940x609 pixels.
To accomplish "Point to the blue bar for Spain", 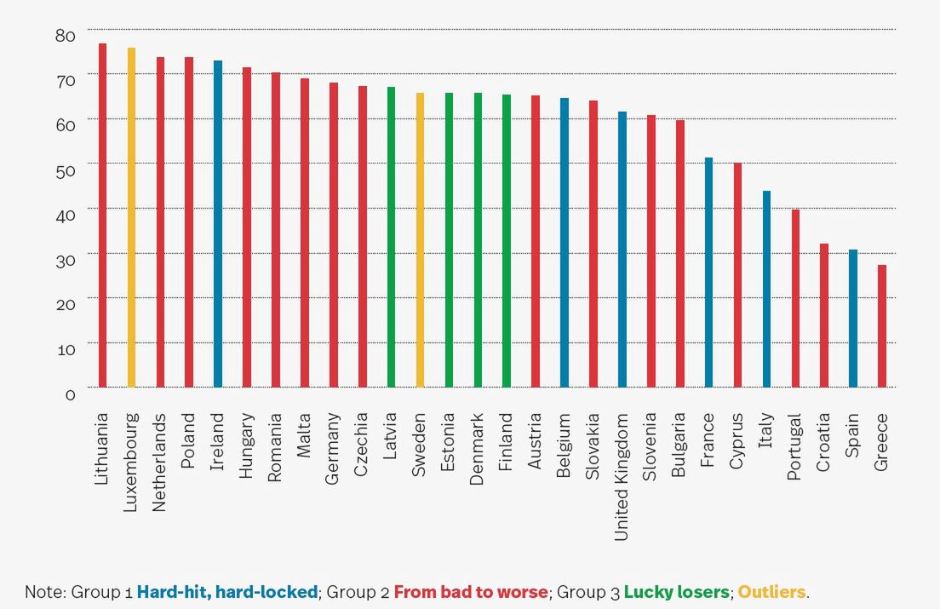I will point(853,319).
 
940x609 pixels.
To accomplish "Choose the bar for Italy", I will point(766,289).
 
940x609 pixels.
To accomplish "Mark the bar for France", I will point(708,273).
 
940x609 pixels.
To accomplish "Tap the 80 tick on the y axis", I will point(65,36).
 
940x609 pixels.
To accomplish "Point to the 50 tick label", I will point(65,169).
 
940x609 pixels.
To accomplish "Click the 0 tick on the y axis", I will point(70,394).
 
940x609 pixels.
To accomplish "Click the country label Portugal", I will point(794,447).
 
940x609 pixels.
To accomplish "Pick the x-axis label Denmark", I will point(477,450).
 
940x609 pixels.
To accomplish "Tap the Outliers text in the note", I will point(771,591).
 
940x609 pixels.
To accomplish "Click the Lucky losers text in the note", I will point(677,591).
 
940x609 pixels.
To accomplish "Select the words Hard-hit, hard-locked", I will point(227,591).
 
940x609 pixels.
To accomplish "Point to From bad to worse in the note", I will point(471,591).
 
